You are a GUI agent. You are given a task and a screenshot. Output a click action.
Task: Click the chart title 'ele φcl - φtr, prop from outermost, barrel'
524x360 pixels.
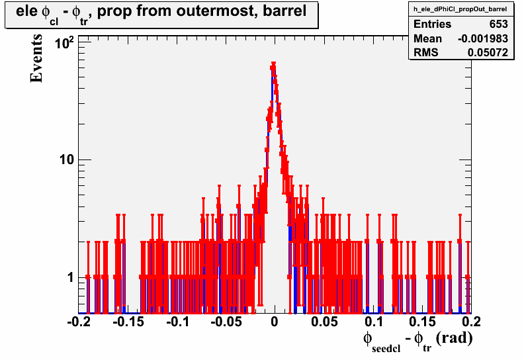(161, 13)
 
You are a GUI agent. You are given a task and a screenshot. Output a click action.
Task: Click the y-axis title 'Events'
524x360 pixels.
(36, 58)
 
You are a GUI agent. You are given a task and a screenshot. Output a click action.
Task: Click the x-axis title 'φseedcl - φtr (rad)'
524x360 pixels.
(417, 341)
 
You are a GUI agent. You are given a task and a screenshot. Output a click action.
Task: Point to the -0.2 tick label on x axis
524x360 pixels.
(79, 322)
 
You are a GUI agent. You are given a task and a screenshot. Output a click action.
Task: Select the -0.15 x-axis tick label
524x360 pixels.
(128, 322)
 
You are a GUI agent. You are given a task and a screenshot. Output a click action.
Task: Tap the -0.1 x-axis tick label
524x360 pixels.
(177, 322)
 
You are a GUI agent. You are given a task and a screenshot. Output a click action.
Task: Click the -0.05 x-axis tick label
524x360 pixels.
(226, 322)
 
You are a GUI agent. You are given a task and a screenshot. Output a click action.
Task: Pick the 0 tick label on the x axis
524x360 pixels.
(275, 322)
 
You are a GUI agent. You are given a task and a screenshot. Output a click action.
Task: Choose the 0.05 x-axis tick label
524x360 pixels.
(324, 322)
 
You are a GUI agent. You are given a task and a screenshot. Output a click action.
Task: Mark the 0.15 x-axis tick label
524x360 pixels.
(423, 322)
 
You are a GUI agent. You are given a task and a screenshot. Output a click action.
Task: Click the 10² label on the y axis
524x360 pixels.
(64, 43)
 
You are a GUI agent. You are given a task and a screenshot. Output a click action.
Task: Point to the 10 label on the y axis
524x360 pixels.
(67, 159)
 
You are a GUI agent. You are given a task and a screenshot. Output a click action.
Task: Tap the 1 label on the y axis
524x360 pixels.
(70, 277)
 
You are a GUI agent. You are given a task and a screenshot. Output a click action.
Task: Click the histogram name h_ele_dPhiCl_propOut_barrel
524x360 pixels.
(460, 9)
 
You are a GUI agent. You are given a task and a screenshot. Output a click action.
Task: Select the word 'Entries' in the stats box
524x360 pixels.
(433, 24)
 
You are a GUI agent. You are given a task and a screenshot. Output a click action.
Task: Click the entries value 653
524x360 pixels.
(499, 24)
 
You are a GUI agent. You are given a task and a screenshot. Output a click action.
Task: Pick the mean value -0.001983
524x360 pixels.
(483, 39)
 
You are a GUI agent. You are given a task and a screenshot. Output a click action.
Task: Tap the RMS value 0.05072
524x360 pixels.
(488, 53)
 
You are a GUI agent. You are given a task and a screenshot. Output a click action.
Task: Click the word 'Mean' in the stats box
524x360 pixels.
(428, 39)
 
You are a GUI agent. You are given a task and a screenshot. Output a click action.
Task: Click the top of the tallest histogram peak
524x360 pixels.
(273, 63)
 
